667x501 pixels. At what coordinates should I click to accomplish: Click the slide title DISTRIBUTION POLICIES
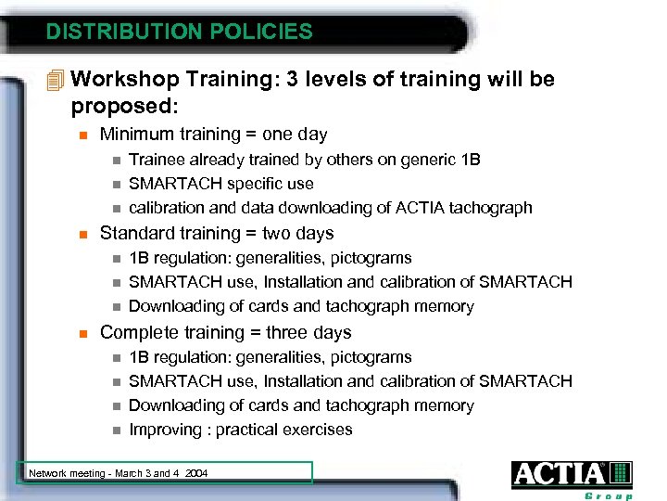pos(180,32)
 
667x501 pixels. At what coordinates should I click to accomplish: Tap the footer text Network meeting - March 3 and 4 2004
pos(119,473)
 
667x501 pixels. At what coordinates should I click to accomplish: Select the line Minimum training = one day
pos(213,135)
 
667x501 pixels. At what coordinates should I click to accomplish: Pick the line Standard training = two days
pos(216,233)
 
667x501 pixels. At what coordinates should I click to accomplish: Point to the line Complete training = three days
pos(225,332)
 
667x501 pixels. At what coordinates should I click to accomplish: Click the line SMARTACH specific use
pos(220,184)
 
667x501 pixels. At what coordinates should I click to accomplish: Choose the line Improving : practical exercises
pos(240,430)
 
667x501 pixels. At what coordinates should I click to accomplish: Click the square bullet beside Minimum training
pos(82,135)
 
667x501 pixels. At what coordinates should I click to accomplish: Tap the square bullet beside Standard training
pos(82,234)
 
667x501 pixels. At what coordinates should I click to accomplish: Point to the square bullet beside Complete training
pos(82,333)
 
